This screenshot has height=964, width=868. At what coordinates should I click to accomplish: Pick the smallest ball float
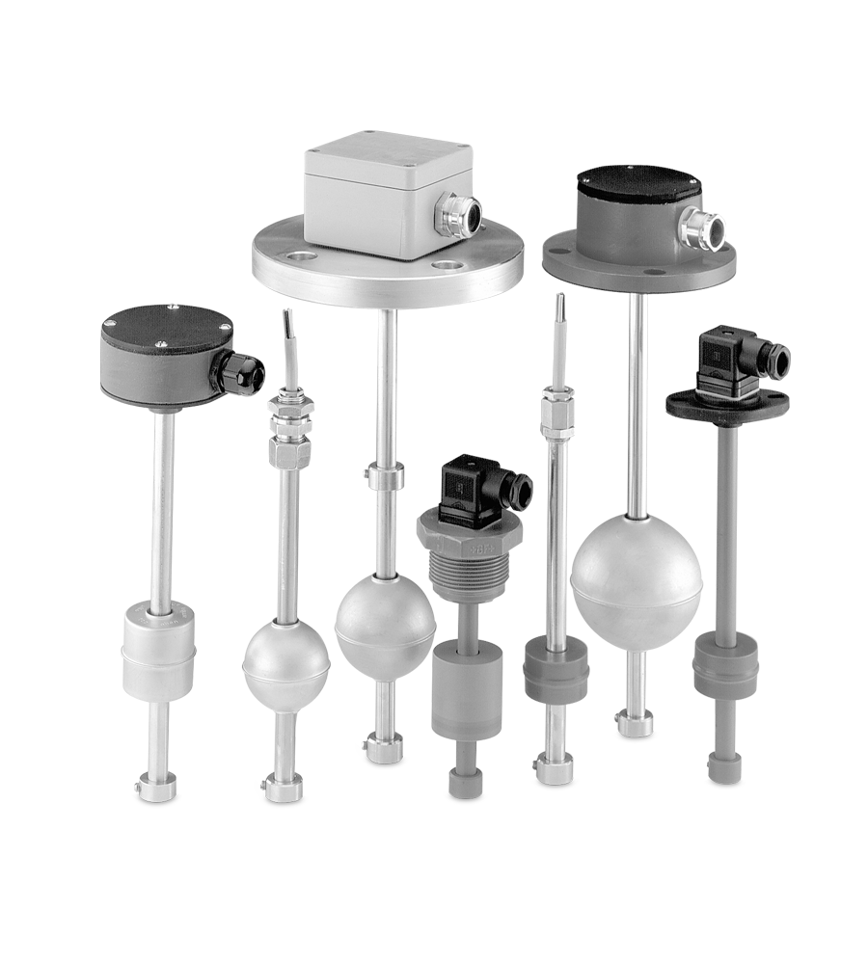(285, 663)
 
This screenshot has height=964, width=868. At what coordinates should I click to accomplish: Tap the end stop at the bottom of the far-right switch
(725, 767)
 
